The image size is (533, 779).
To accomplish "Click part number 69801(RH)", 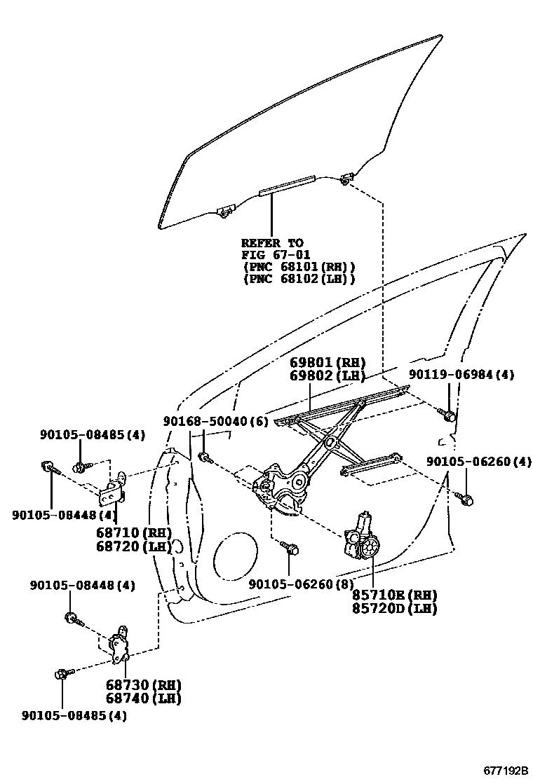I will (x=328, y=363).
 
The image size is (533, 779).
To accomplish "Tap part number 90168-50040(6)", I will (x=215, y=421).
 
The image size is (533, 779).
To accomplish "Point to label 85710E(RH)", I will (x=394, y=595).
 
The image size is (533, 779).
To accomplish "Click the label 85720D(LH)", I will (x=394, y=608).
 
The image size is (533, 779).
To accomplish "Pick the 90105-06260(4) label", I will (x=479, y=462).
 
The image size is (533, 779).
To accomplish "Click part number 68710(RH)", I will (x=133, y=532).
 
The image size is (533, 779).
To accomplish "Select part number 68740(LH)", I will (x=143, y=698).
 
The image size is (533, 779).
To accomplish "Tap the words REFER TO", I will (x=273, y=242).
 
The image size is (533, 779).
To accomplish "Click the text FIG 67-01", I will (x=276, y=254).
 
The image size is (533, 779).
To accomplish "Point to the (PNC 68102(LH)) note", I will (x=299, y=278).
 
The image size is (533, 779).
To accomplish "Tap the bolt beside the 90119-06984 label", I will (x=449, y=415).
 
